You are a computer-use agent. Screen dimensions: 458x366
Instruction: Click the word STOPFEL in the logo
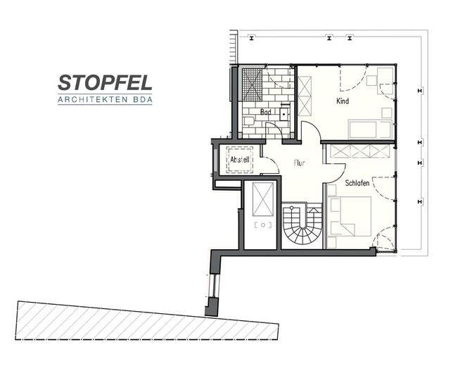pyautogui.click(x=105, y=82)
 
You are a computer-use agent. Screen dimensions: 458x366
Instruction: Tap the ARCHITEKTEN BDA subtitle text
pyautogui.click(x=105, y=100)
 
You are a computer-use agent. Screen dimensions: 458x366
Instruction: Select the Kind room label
pyautogui.click(x=343, y=101)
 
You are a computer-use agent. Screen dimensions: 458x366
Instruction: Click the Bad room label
pyautogui.click(x=265, y=112)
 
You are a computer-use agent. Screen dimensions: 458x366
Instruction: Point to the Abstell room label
pyautogui.click(x=240, y=160)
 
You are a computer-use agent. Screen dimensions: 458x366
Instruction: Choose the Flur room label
pyautogui.click(x=300, y=163)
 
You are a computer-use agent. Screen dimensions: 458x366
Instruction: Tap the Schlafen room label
pyautogui.click(x=357, y=183)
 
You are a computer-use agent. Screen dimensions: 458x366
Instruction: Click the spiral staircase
pyautogui.click(x=302, y=225)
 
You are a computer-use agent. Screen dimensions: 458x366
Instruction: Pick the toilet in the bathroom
pyautogui.click(x=248, y=121)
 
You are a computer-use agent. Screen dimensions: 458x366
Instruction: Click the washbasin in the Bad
pyautogui.click(x=284, y=114)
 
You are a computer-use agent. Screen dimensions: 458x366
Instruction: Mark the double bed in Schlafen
pyautogui.click(x=349, y=216)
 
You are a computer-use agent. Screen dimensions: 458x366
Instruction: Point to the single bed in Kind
pyautogui.click(x=370, y=130)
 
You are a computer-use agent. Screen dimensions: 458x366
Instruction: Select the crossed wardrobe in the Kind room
pyautogui.click(x=305, y=96)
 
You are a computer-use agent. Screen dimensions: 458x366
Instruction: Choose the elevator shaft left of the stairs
pyautogui.click(x=260, y=215)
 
